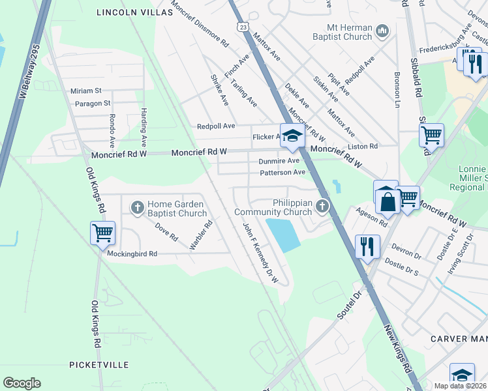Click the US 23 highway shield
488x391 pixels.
pos(243,27)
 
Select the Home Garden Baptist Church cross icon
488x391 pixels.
pos(137,208)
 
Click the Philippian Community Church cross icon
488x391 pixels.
pos(322,207)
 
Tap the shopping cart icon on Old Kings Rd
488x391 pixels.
pos(103,233)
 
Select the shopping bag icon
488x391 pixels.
pos(388,201)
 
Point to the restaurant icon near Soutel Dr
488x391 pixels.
pos(368,246)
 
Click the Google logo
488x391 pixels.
pos(22,383)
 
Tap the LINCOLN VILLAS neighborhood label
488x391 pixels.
pos(133,12)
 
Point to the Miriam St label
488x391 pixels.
pos(86,91)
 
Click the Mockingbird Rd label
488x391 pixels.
pos(132,253)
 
